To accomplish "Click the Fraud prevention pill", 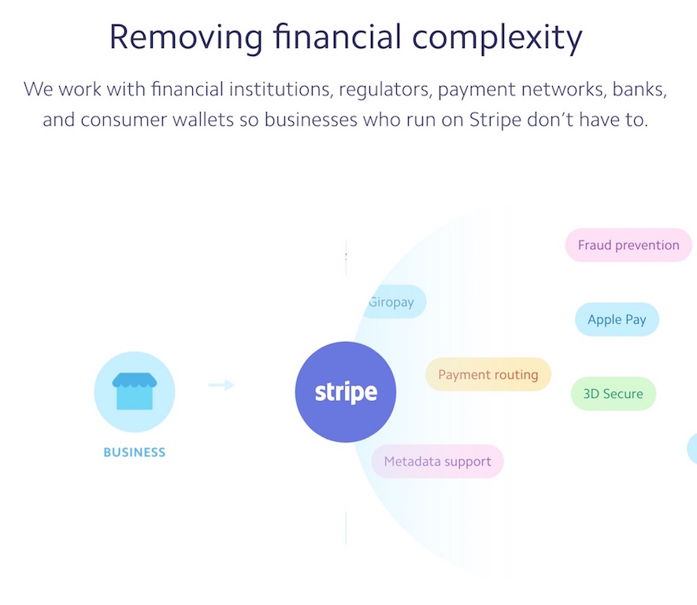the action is tap(628, 245).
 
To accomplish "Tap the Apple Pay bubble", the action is tap(617, 319).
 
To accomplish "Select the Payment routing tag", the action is tap(488, 374).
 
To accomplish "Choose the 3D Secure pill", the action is tap(614, 393).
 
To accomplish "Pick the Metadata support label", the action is tap(437, 462).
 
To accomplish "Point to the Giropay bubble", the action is tap(393, 302).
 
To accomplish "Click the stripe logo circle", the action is tap(346, 392).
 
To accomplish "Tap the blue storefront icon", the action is tap(134, 392).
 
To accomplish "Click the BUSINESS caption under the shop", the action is tap(134, 452).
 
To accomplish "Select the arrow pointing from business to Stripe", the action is tap(221, 384).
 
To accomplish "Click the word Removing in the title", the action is tap(186, 37).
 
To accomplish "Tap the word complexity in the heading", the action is tap(497, 37).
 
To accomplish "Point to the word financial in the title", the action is tap(337, 36).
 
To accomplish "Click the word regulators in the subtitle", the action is tap(385, 90).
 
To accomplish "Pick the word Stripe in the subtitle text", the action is tap(495, 120).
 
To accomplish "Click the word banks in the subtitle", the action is tap(640, 89).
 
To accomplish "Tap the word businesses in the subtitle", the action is tap(311, 120).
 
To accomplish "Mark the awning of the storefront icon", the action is tap(134, 380).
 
